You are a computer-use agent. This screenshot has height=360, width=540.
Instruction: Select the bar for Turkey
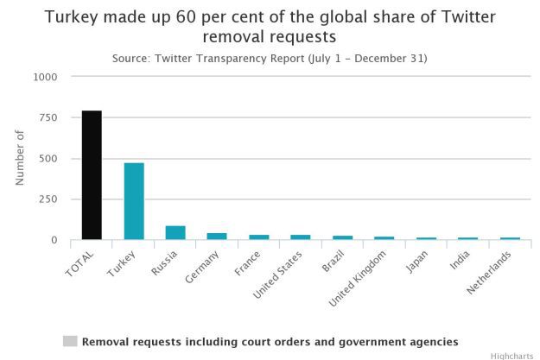click(x=134, y=201)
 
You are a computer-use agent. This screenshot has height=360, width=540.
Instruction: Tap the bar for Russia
click(x=175, y=233)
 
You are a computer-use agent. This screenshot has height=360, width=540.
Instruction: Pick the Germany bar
click(x=217, y=237)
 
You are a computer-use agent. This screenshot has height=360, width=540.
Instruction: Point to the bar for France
click(x=258, y=237)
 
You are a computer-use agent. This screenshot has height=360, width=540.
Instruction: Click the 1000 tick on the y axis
click(x=45, y=77)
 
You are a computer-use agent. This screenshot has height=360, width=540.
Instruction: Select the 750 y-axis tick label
click(x=48, y=117)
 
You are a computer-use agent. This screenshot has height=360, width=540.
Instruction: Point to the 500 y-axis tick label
click(x=48, y=159)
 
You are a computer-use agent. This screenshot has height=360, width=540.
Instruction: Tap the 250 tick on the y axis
click(x=48, y=199)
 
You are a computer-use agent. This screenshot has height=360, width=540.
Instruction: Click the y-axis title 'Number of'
click(x=20, y=157)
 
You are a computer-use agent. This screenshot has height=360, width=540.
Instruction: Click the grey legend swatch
click(x=70, y=341)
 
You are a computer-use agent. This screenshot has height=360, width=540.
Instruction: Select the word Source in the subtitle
click(x=132, y=58)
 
